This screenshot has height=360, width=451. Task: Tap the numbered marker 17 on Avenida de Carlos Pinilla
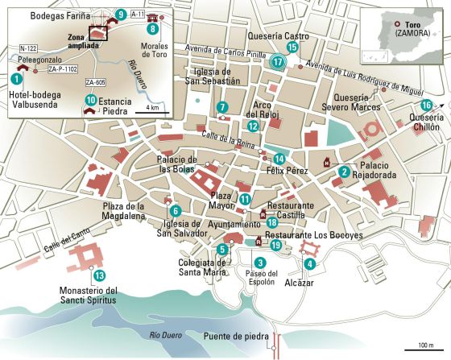point(278,61)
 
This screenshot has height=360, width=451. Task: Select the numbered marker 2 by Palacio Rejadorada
point(344,171)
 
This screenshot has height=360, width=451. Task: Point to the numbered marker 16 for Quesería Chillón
point(427,106)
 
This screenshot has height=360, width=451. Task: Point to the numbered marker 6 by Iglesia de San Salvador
point(175,211)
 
